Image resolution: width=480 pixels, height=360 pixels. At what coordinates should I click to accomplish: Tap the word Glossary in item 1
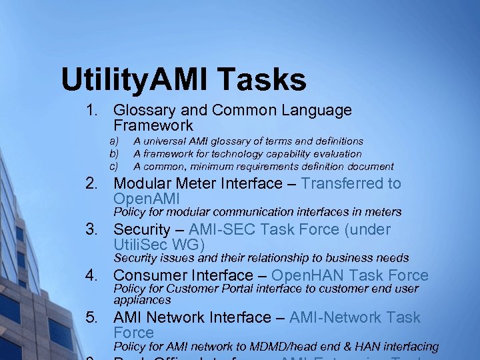[143, 111]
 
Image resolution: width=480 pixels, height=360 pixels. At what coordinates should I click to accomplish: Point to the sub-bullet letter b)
[114, 154]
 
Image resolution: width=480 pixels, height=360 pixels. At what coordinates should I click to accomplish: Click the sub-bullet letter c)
[114, 167]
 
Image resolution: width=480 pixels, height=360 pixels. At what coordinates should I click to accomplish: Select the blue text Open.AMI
[147, 199]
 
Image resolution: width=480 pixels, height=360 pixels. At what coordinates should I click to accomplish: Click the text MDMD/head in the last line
[285, 347]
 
